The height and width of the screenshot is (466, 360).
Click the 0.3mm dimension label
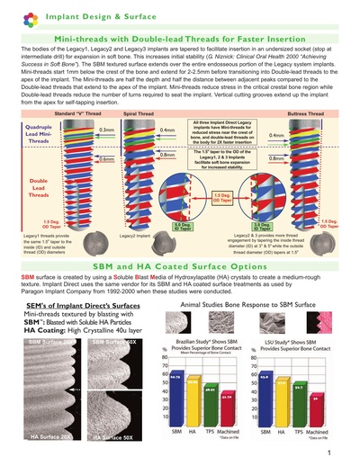(107, 130)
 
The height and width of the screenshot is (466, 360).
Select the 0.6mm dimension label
(107, 158)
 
